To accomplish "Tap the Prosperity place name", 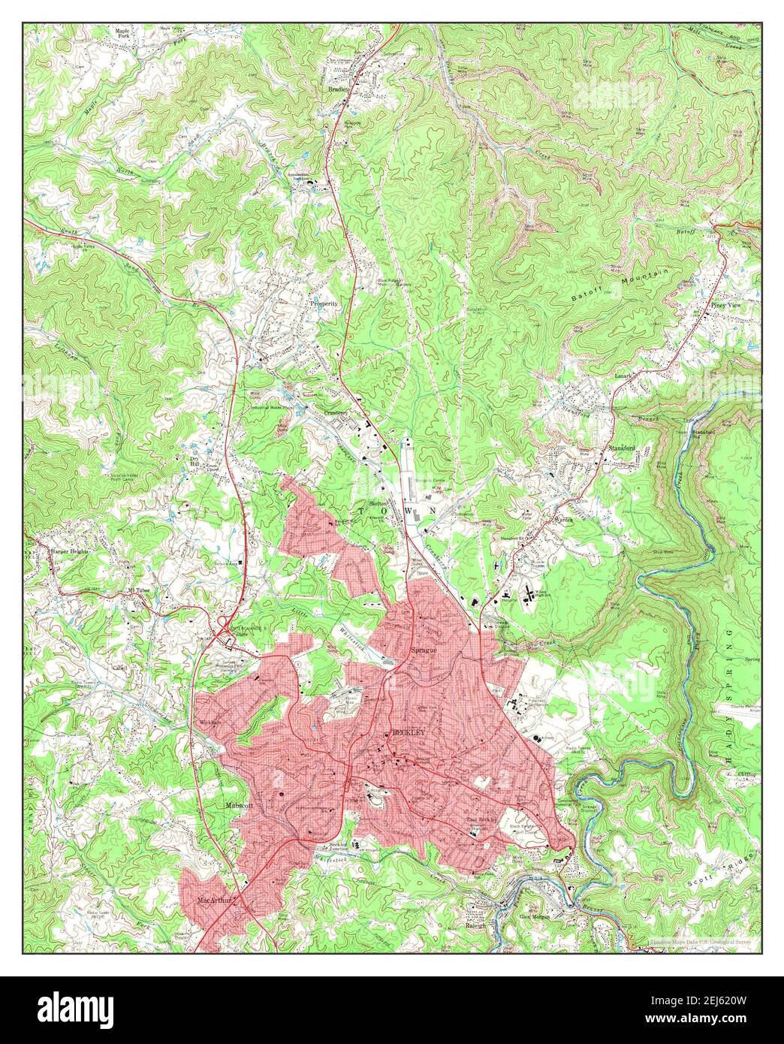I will pos(324,304).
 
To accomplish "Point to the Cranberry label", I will pos(336,412).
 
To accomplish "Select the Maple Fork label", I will pos(123,34).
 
